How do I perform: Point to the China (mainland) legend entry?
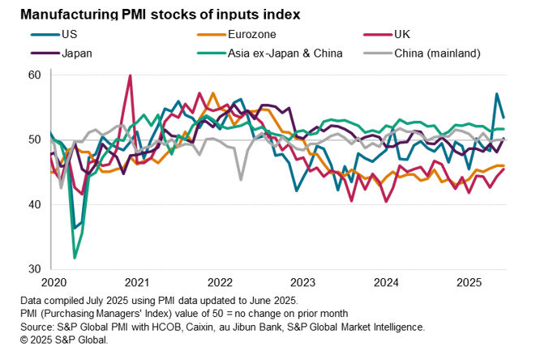[437, 53]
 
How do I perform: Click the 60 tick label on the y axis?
[34, 75]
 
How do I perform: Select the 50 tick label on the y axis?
[34, 139]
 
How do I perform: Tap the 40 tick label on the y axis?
[34, 204]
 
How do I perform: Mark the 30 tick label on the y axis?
[34, 268]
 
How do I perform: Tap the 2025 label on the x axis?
[470, 282]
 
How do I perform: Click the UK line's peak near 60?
[130, 75]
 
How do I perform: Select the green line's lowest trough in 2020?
[75, 257]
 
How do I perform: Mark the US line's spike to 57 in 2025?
[496, 94]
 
